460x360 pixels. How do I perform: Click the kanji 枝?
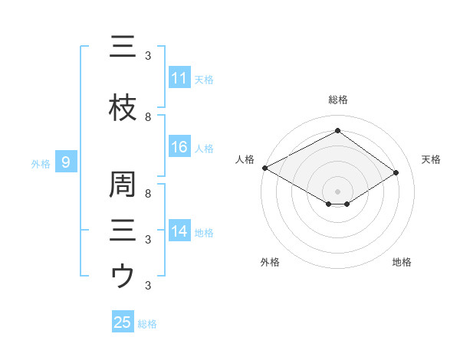click(123, 109)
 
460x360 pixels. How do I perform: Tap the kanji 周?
click(123, 185)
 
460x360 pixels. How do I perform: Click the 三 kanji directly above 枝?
click(123, 47)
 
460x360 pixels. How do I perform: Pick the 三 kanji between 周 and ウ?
click(123, 229)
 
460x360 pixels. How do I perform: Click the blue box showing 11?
click(179, 78)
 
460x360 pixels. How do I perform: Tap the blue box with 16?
click(179, 147)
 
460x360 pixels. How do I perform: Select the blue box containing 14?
click(179, 231)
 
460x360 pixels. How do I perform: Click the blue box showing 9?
click(66, 162)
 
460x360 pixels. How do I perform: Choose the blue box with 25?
click(123, 322)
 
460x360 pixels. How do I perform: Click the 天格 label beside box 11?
click(204, 79)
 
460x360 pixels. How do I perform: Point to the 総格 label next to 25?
click(147, 323)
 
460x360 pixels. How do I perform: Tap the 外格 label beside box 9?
click(41, 162)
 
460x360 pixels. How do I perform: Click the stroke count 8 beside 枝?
click(148, 117)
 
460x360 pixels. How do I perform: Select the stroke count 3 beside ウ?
click(148, 286)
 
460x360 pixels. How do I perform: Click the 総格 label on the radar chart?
click(337, 100)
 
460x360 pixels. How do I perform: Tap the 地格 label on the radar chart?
click(402, 262)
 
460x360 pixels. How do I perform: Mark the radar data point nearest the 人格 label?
click(264, 168)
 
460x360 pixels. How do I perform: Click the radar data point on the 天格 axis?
click(396, 173)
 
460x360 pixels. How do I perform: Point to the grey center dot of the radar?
click(337, 191)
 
